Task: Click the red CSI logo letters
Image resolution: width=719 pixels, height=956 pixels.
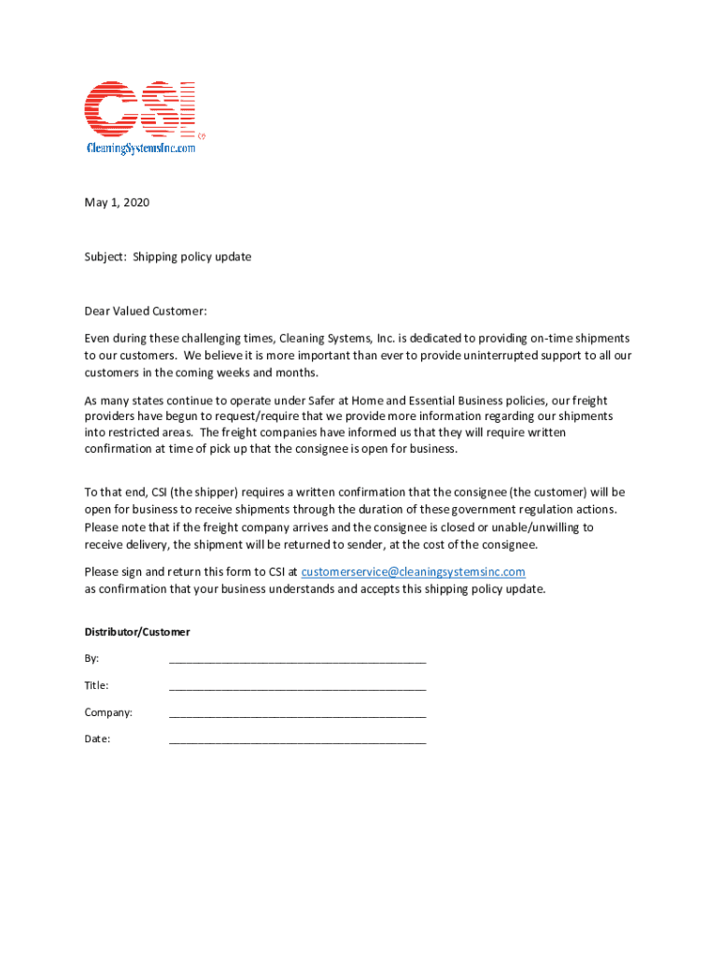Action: (x=140, y=107)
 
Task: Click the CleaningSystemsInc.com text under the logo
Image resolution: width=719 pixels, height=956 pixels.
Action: (x=141, y=148)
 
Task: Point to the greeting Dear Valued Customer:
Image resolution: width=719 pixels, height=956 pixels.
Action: (x=145, y=311)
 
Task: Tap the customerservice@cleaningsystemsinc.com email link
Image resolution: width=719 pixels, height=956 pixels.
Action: (x=413, y=571)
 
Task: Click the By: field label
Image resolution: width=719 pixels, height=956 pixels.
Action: (x=92, y=659)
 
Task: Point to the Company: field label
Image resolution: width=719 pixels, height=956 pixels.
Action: (x=108, y=713)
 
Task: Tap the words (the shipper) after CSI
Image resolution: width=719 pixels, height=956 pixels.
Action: (x=203, y=492)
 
